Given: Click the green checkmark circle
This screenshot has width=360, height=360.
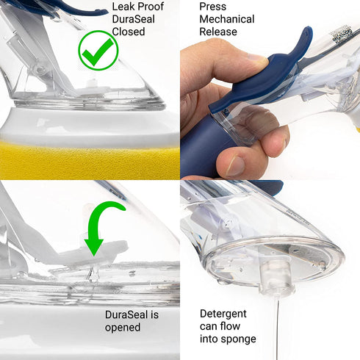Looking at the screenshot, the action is click(98, 50).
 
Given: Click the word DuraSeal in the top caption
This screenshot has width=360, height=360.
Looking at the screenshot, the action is click(133, 19).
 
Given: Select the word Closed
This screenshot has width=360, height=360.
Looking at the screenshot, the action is click(129, 32).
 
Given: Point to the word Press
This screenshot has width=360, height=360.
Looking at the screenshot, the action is click(212, 7).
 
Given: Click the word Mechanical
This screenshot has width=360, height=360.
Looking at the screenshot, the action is click(227, 19).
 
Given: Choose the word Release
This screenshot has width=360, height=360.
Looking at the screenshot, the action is click(218, 32).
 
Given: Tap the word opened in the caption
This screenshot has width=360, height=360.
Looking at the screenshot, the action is click(123, 328).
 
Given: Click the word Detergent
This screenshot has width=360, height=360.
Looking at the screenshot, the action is click(223, 314).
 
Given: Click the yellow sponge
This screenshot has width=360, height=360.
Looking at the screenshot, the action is click(90, 159).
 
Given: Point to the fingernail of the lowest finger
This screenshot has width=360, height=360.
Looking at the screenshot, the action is click(234, 166).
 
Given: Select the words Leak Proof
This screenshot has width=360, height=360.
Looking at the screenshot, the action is click(137, 7).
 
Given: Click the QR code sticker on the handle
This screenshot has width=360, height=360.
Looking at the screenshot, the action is click(341, 35).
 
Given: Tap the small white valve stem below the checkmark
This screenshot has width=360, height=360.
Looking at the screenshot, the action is click(93, 83).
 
